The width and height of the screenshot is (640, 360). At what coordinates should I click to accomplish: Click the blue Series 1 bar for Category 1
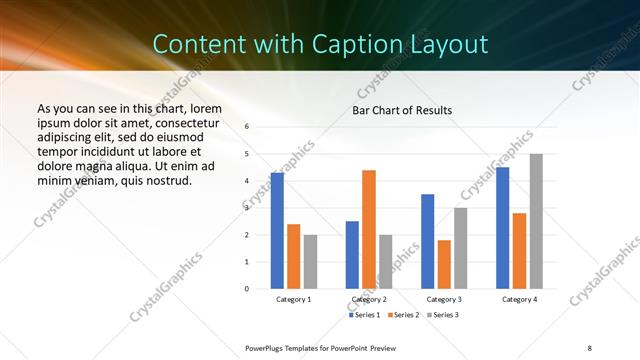click(277, 231)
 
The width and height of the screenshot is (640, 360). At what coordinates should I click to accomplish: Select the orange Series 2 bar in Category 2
click(368, 229)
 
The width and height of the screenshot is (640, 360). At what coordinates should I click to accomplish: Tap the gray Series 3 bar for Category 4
click(536, 221)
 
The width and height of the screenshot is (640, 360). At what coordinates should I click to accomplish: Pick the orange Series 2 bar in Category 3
click(444, 264)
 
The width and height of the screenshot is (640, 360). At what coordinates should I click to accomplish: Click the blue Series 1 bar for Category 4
click(502, 228)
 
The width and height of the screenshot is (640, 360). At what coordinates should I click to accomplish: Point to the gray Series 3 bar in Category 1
click(310, 262)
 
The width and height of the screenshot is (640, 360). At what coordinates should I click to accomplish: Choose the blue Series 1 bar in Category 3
click(427, 241)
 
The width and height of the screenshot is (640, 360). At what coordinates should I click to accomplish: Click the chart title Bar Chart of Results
click(402, 110)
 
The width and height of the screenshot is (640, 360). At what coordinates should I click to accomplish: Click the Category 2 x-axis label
click(369, 299)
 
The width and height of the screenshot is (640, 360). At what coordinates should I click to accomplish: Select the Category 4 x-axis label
click(519, 299)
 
